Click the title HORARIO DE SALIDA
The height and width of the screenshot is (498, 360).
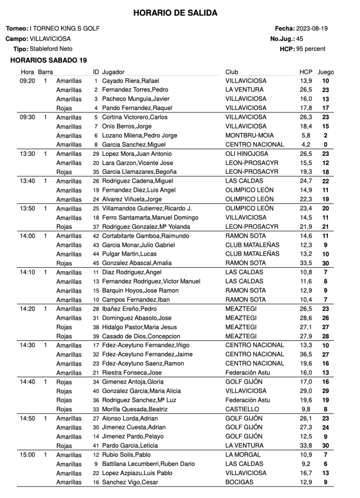tap(175, 13)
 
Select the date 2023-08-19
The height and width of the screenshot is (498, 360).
tap(312, 28)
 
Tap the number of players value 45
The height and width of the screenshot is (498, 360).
tap(300, 38)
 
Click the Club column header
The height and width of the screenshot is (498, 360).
tap(231, 72)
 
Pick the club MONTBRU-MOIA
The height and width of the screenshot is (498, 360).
tap(249, 135)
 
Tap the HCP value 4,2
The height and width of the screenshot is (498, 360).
tap(306, 145)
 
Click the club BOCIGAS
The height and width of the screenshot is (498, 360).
tap(240, 482)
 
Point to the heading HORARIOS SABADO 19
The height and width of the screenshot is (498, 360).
tap(48, 60)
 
